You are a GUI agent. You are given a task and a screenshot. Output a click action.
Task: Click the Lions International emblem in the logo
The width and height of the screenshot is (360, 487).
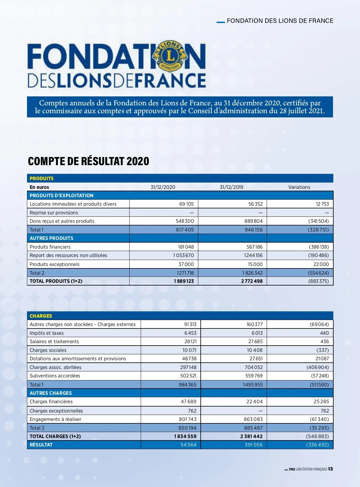[170, 56]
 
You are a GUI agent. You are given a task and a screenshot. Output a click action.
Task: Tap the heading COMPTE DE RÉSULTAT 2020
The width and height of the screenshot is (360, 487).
[88, 161]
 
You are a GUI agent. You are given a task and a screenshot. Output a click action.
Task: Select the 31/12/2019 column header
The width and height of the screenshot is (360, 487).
[231, 187]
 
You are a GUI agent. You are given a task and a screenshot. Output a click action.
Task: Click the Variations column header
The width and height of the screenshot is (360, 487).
[299, 187]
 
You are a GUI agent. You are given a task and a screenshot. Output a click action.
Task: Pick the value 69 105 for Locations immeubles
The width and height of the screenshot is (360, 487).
[186, 204]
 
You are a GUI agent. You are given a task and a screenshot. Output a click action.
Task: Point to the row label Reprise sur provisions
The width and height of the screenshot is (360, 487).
[54, 213]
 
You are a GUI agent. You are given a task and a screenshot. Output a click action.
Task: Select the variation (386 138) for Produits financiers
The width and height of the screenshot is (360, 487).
[319, 247]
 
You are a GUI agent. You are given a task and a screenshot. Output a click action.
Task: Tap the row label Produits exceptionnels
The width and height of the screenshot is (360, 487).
[55, 264]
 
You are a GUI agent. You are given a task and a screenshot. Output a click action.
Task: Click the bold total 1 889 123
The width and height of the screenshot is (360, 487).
[184, 281]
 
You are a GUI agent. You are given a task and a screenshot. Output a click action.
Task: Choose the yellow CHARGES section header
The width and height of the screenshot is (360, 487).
[41, 316]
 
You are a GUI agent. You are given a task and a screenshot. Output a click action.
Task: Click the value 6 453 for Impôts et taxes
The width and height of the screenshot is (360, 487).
[190, 333]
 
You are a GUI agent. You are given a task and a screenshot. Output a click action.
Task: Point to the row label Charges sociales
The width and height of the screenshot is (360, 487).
[48, 350]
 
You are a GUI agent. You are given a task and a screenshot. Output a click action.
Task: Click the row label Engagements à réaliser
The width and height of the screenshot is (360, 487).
[55, 419]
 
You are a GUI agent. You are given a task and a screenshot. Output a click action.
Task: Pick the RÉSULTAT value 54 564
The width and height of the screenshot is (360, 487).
[188, 445]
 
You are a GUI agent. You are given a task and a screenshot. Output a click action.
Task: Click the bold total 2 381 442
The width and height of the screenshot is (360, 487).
[251, 436]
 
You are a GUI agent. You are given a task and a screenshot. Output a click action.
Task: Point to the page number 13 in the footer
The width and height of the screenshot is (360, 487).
[330, 469]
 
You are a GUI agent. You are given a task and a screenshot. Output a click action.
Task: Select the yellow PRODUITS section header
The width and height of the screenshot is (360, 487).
[41, 178]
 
